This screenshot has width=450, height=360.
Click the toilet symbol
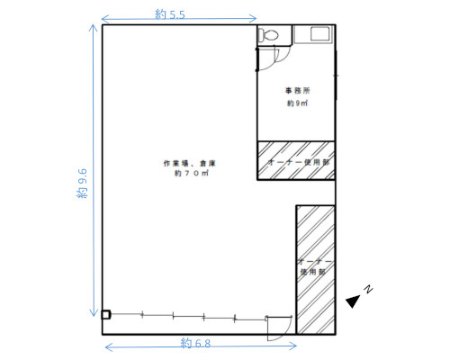(x=268, y=35)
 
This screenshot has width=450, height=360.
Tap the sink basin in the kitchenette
(x=320, y=33)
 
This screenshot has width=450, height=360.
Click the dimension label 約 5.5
(x=170, y=14)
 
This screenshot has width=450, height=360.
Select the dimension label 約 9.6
(x=82, y=184)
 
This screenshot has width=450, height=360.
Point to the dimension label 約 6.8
(x=195, y=343)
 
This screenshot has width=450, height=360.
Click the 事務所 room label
(x=297, y=90)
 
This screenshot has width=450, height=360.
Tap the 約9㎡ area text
(x=297, y=103)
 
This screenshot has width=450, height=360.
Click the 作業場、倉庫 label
(x=190, y=163)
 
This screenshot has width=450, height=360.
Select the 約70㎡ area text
(x=192, y=173)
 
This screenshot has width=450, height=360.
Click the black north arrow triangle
(x=354, y=301)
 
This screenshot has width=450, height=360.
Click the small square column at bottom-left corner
(x=105, y=315)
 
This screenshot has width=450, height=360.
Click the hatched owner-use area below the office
(x=296, y=160)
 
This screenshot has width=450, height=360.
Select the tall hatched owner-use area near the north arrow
(x=316, y=270)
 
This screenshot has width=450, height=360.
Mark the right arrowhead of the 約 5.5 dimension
(x=256, y=19)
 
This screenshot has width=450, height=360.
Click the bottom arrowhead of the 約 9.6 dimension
(x=94, y=315)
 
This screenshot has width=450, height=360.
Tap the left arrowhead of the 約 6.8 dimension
(x=106, y=347)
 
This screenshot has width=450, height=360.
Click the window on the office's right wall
(x=336, y=76)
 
